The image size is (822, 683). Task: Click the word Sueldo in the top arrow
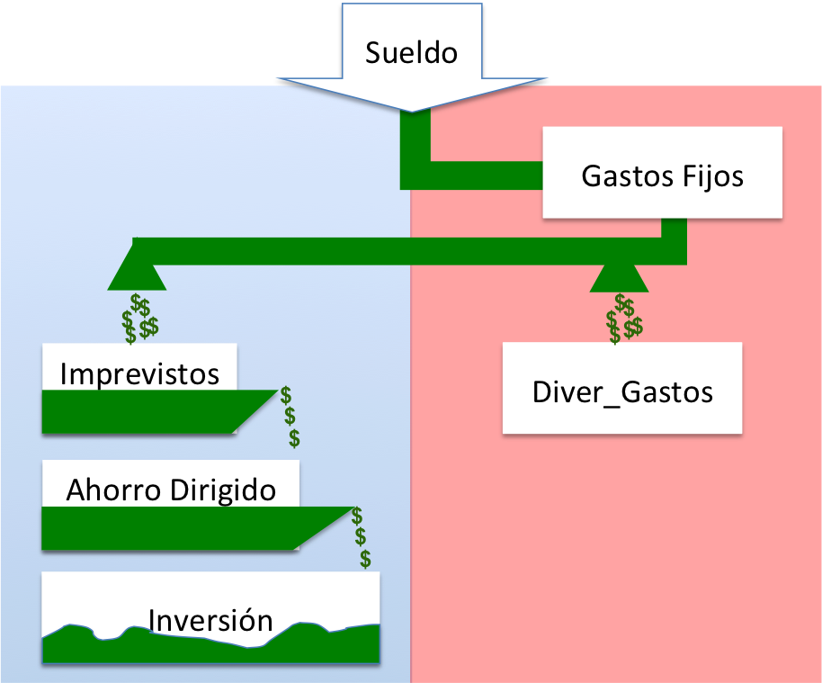tap(411, 52)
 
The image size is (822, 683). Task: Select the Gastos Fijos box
tap(662, 173)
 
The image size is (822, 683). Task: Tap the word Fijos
tap(711, 175)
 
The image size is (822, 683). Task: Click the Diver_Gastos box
tap(621, 389)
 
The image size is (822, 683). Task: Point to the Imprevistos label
tap(139, 373)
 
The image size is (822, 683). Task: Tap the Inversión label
tap(210, 620)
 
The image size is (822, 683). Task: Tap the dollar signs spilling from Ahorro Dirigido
tap(361, 538)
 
